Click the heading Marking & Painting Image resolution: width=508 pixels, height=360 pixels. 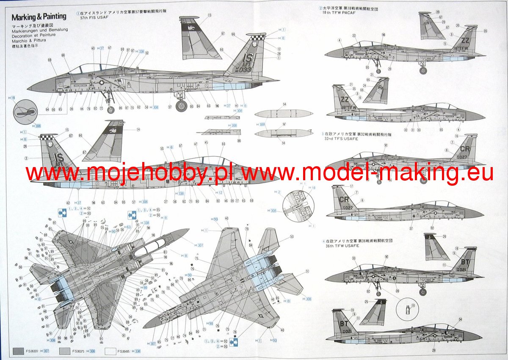(39, 17)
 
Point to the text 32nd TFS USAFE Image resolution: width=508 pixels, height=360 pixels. (339, 139)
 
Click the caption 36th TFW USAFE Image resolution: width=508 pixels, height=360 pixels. (339, 245)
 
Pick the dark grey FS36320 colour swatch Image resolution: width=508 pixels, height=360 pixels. (19, 351)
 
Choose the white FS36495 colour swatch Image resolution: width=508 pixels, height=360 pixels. (110, 351)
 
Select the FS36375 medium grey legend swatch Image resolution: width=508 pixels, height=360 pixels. (64, 351)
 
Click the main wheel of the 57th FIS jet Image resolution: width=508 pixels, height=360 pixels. (181, 106)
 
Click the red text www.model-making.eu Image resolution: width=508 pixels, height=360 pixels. (368, 173)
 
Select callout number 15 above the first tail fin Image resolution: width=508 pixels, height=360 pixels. (210, 15)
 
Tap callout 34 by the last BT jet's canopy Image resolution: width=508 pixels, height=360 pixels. (460, 319)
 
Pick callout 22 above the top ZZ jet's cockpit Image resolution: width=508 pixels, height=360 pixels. (354, 36)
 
